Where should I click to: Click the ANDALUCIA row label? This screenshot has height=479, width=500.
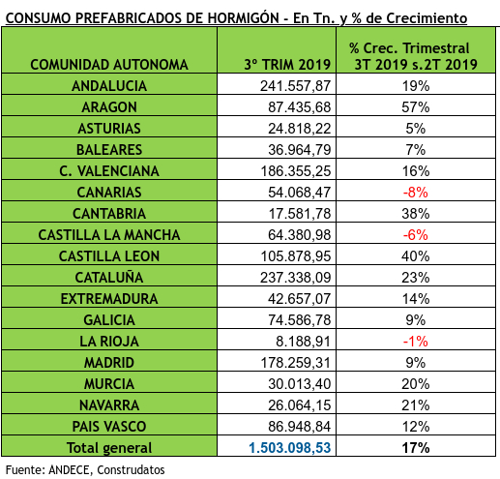click(x=111, y=85)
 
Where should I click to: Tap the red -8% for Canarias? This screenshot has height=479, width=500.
click(x=416, y=192)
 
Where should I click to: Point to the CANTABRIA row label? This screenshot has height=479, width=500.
click(x=111, y=213)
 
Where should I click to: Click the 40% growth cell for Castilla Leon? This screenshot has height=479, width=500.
click(x=416, y=255)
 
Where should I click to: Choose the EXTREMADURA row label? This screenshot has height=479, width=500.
click(x=111, y=298)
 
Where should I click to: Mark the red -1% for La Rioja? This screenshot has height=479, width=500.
click(x=416, y=341)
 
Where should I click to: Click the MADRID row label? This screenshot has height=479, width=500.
click(x=111, y=362)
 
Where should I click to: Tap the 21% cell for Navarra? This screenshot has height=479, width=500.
click(x=416, y=404)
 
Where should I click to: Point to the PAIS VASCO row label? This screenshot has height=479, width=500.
click(x=111, y=426)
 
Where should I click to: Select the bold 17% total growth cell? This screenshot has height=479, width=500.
click(x=416, y=447)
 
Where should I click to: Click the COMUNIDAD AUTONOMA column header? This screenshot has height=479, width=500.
click(x=111, y=64)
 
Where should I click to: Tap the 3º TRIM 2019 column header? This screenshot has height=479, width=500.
click(x=285, y=64)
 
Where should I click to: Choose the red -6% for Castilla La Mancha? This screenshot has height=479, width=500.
click(x=416, y=234)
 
